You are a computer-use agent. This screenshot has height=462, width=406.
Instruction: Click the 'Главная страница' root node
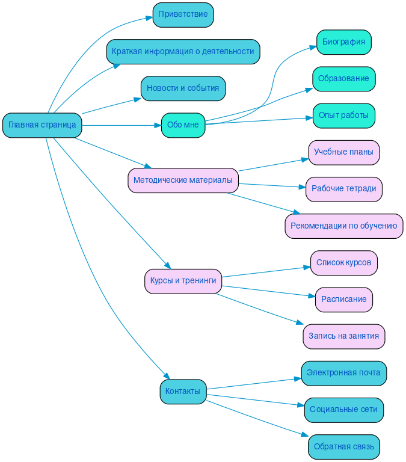pyautogui.click(x=42, y=125)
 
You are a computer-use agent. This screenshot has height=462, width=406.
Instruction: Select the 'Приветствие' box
pyautogui.click(x=183, y=14)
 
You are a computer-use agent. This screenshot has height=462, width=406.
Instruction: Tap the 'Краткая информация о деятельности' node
pyautogui.click(x=183, y=52)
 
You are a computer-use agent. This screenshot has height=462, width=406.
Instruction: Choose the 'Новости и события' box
pyautogui.click(x=183, y=88)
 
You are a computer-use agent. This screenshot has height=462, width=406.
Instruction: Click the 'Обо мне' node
pyautogui.click(x=183, y=125)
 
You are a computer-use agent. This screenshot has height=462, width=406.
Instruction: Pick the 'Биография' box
pyautogui.click(x=343, y=42)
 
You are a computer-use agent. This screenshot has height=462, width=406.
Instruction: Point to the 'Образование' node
pyautogui.click(x=343, y=79)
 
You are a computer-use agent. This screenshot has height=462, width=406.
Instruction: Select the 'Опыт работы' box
pyautogui.click(x=343, y=115)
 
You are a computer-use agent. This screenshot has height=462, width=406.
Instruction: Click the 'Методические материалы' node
pyautogui.click(x=183, y=180)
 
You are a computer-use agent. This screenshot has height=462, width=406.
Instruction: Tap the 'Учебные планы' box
pyautogui.click(x=343, y=152)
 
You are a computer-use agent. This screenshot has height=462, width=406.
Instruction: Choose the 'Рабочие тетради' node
pyautogui.click(x=343, y=189)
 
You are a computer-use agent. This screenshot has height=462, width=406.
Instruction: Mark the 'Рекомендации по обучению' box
pyautogui.click(x=343, y=226)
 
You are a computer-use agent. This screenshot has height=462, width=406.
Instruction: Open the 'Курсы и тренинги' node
pyautogui.click(x=183, y=281)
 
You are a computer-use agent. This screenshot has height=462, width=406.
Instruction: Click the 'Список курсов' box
pyautogui.click(x=343, y=263)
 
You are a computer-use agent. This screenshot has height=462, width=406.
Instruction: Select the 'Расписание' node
pyautogui.click(x=343, y=300)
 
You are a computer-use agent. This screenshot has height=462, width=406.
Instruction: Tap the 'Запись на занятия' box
pyautogui.click(x=343, y=336)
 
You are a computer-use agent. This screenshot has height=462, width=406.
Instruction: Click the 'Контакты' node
pyautogui.click(x=183, y=392)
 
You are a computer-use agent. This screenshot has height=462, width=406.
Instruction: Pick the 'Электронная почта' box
pyautogui.click(x=343, y=373)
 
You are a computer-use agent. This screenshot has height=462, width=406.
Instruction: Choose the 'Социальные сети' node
pyautogui.click(x=343, y=410)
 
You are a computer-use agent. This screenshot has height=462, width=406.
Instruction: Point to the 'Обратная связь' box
pyautogui.click(x=343, y=447)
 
